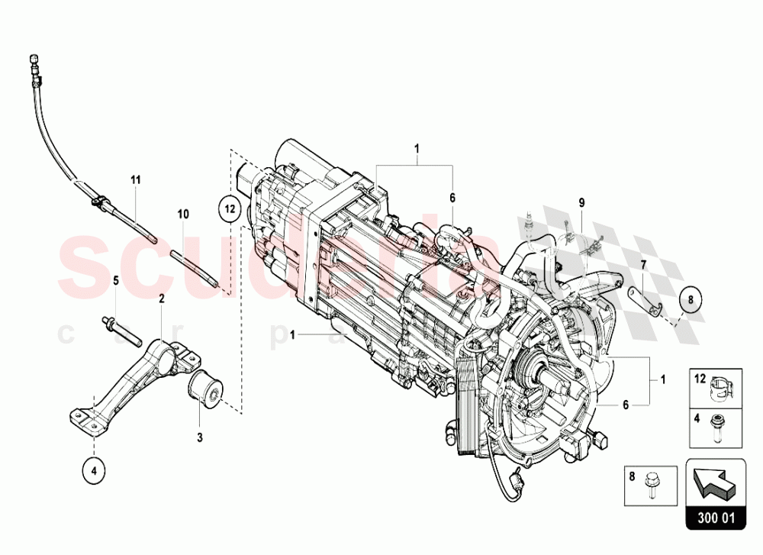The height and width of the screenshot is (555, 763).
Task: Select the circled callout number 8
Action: [689, 301]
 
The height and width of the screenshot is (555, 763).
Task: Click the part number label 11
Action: [136, 180]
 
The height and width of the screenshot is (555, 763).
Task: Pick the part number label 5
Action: [115, 280]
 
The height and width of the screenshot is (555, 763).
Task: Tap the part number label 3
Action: [200, 438]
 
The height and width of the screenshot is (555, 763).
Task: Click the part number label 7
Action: [642, 265]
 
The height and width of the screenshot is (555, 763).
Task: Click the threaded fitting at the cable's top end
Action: [34, 62]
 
